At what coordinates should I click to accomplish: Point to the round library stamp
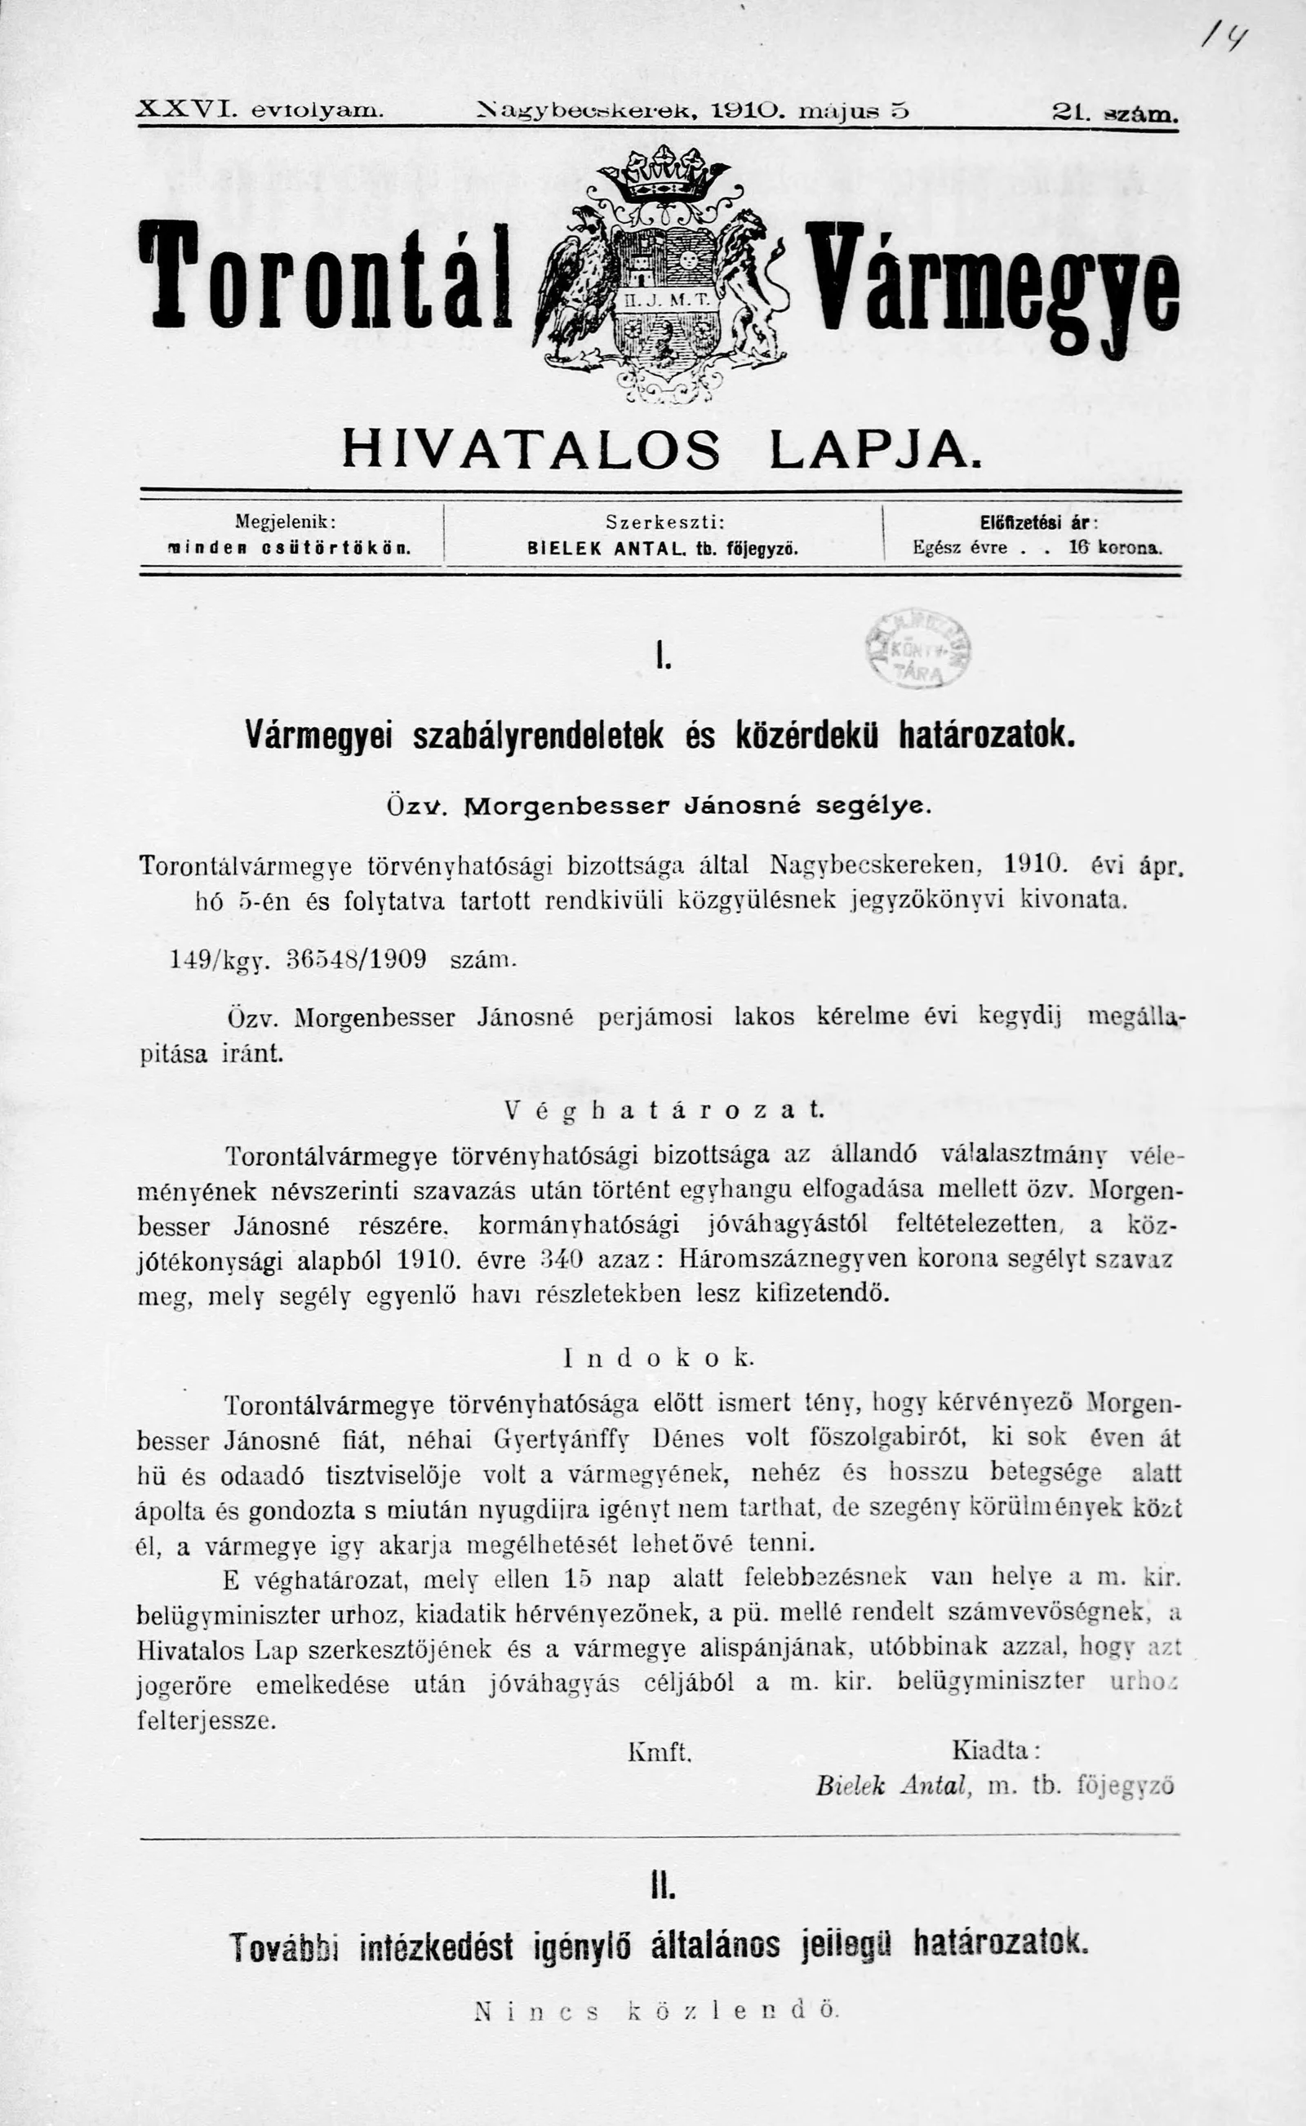coord(917,649)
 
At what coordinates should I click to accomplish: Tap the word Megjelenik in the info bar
coord(284,522)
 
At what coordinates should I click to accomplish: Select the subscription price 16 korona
coord(1115,548)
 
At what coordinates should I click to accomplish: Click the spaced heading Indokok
coord(659,1357)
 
